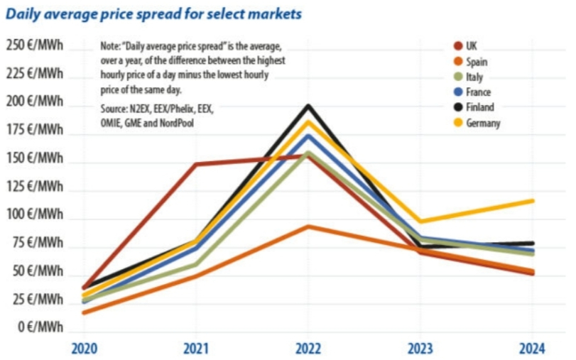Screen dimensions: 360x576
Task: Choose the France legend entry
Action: (477, 92)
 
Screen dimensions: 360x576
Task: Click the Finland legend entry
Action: (479, 107)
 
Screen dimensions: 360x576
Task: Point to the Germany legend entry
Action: (483, 123)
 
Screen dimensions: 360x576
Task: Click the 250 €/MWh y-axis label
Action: (35, 46)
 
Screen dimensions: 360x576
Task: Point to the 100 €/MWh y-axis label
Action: (35, 214)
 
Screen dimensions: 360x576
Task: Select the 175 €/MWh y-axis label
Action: (35, 130)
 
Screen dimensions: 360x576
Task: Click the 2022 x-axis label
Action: (308, 348)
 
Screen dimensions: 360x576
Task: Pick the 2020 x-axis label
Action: (85, 348)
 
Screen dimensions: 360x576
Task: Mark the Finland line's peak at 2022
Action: (308, 107)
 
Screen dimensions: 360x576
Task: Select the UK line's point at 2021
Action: (196, 164)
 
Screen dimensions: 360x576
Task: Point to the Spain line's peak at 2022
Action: (308, 227)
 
